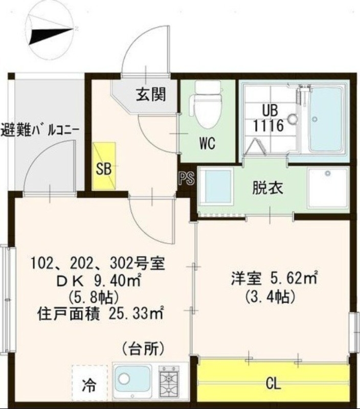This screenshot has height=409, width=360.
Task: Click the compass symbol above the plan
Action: (x=52, y=31)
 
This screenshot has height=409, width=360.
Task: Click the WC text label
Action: (x=207, y=143)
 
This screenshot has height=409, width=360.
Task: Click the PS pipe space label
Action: (x=186, y=179)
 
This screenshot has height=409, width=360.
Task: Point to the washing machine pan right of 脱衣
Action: (x=327, y=187)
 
